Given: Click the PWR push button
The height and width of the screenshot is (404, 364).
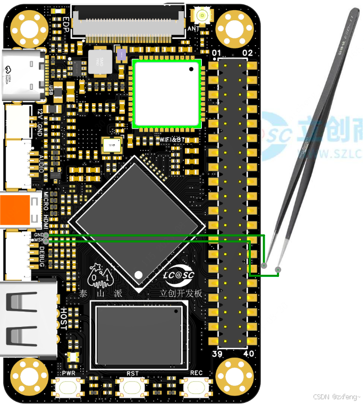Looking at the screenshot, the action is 69,387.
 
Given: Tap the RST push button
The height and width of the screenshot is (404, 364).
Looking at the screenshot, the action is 132,387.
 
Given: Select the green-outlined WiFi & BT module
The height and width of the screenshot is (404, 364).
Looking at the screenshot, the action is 167,94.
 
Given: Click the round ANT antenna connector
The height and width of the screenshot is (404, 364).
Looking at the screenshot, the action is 201,13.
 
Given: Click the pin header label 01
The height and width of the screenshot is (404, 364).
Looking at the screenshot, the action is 216,53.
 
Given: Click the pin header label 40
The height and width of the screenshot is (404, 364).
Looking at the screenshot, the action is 248,354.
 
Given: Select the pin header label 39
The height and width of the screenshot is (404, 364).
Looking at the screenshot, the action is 216,354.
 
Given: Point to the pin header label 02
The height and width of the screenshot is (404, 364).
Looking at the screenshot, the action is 247,53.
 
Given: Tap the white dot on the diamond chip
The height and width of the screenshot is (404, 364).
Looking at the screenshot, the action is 139,275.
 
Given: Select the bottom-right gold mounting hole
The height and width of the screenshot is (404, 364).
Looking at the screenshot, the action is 233,375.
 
